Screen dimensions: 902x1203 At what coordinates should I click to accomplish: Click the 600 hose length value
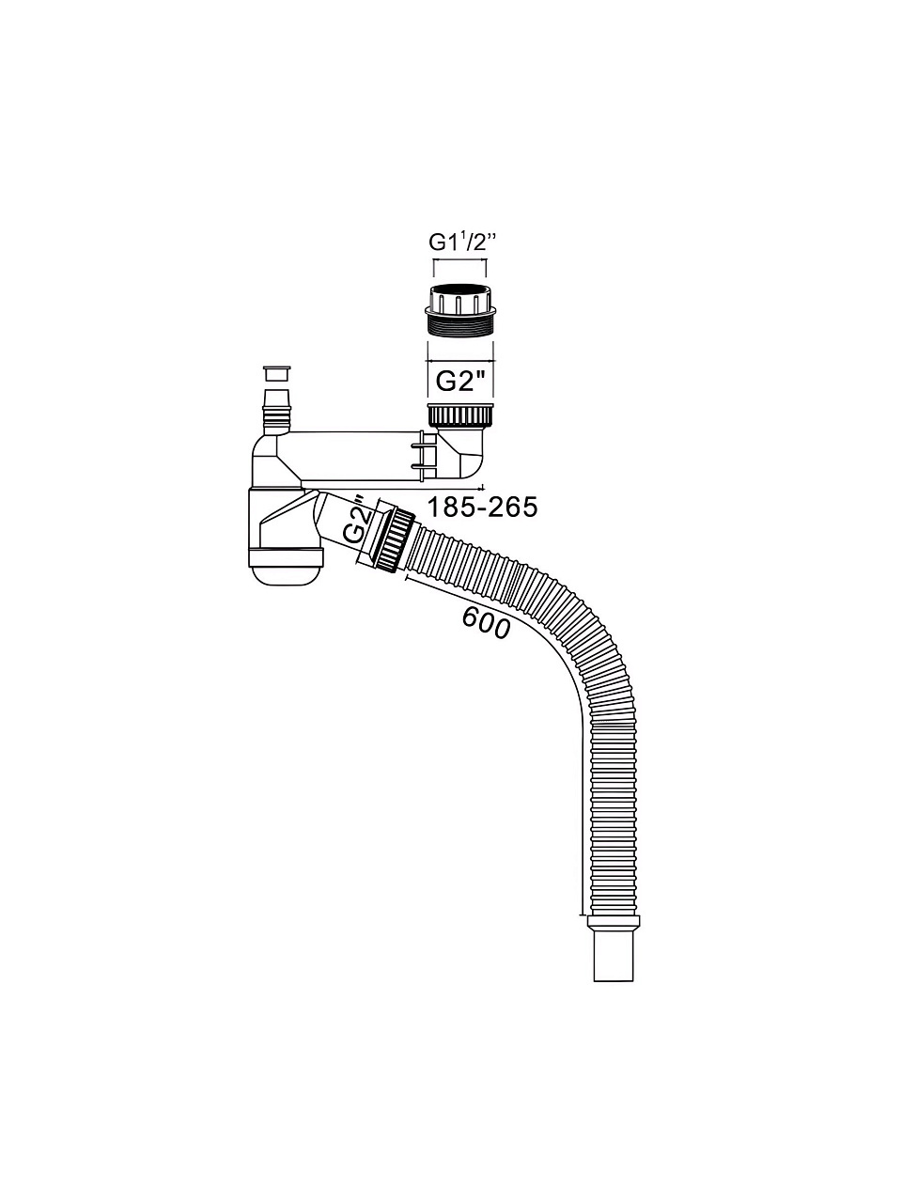pyautogui.click(x=486, y=623)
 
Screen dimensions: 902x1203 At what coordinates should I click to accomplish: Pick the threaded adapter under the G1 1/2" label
pyautogui.click(x=460, y=314)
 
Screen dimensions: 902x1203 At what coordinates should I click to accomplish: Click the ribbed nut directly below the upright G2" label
pyautogui.click(x=461, y=416)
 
